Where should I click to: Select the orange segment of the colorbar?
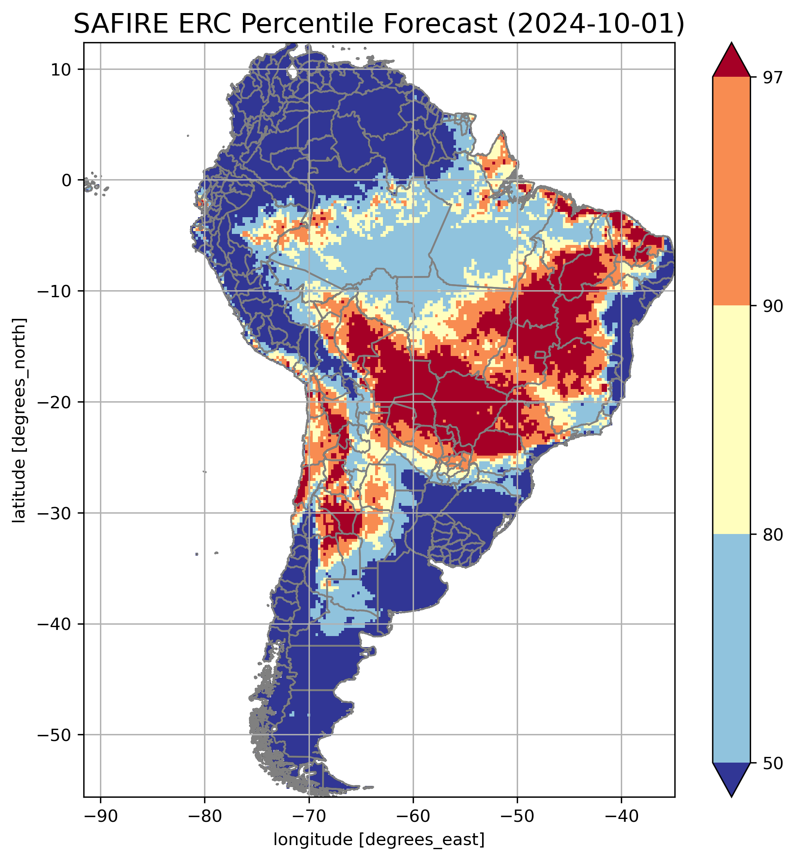pos(732,191)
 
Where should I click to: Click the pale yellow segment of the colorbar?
pos(732,420)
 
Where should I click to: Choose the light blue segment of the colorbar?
pos(732,648)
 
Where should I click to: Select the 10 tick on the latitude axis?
pos(62,69)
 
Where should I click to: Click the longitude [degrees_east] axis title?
pos(379,839)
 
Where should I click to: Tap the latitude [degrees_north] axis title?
pos(19,420)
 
